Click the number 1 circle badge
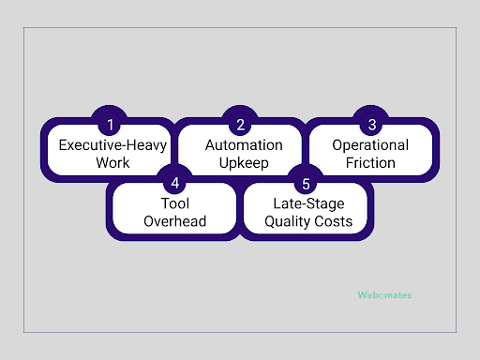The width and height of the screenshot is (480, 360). tap(110, 123)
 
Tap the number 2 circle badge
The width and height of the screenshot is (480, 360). tap(241, 123)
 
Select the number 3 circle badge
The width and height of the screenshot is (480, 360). tap(371, 123)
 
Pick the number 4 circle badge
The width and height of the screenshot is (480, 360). tap(173, 179)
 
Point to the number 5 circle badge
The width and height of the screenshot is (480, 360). tap(306, 179)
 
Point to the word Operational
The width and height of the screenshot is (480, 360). tap(371, 145)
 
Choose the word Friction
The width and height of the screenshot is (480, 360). tap(371, 163)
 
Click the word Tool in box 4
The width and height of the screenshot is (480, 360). tap(174, 203)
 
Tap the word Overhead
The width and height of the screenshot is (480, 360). tap(174, 221)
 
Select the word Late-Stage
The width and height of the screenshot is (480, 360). tap(307, 203)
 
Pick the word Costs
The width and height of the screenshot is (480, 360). tap(335, 221)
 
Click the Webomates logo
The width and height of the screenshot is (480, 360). tap(383, 294)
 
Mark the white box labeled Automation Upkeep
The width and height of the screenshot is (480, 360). tap(241, 153)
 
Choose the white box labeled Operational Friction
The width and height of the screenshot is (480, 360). tap(371, 153)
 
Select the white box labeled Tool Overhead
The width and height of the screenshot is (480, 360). tap(174, 211)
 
